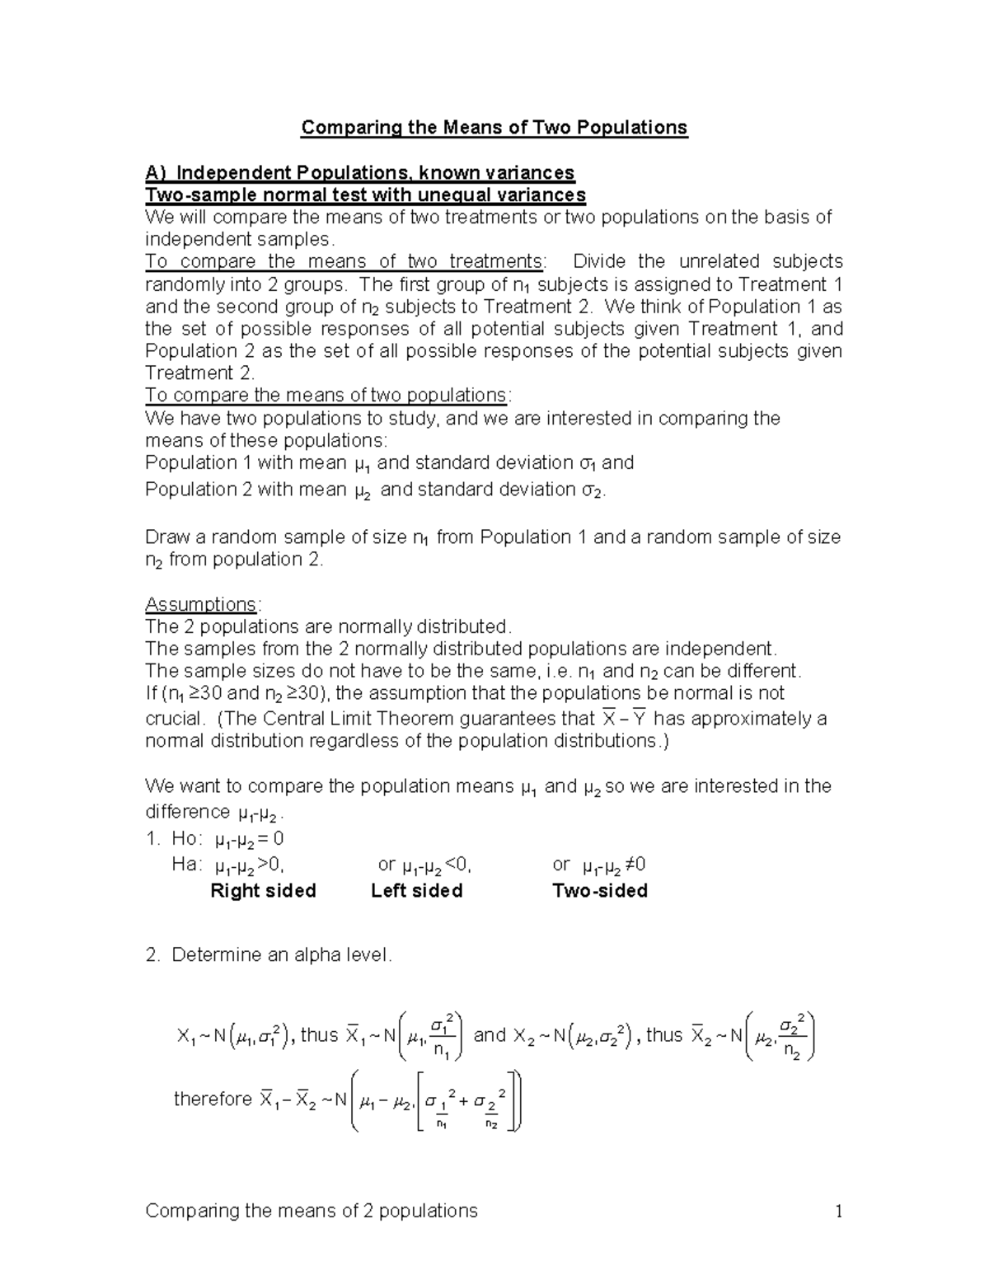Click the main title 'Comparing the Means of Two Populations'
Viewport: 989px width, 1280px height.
pyautogui.click(x=494, y=128)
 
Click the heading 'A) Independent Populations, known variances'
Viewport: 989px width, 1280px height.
pyautogui.click(x=359, y=173)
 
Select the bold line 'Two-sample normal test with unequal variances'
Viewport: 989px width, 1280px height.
pyautogui.click(x=365, y=195)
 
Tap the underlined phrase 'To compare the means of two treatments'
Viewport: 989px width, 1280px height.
pyautogui.click(x=344, y=262)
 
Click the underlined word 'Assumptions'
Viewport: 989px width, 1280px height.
pyautogui.click(x=200, y=604)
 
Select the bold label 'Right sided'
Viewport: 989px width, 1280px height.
pyautogui.click(x=263, y=891)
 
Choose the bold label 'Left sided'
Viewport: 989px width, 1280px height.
pyautogui.click(x=416, y=891)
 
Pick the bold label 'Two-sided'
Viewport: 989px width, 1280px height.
pyautogui.click(x=599, y=891)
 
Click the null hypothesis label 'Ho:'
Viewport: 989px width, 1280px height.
pyautogui.click(x=185, y=839)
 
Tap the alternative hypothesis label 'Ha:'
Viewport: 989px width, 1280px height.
pyautogui.click(x=186, y=865)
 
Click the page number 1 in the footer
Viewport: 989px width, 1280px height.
pyautogui.click(x=838, y=1211)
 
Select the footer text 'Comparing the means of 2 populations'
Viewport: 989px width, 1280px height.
pyautogui.click(x=311, y=1211)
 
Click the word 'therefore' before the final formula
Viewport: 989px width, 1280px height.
pyautogui.click(x=213, y=1099)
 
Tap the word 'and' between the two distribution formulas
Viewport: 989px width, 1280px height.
pyautogui.click(x=490, y=1035)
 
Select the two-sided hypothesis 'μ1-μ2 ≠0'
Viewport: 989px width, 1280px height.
pyautogui.click(x=613, y=865)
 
